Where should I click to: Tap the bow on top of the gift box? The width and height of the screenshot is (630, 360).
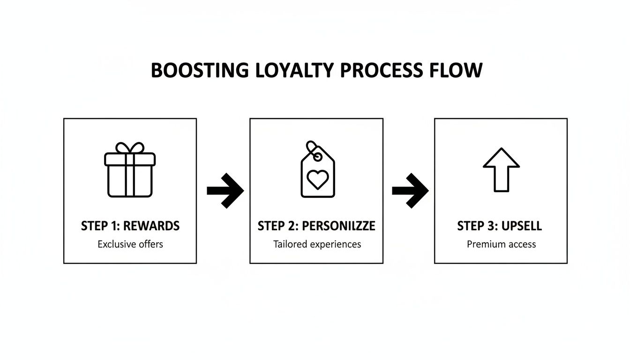(x=130, y=147)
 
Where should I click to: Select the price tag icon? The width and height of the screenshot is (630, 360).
(x=317, y=171)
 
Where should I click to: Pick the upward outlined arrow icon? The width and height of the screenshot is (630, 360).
(x=501, y=169)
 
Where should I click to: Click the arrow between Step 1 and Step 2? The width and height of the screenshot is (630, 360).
(x=225, y=190)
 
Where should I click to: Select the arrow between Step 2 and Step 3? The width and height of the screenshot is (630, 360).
(x=410, y=190)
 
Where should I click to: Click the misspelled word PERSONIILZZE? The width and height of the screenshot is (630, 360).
(x=338, y=226)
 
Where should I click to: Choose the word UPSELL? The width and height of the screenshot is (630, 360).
(x=521, y=226)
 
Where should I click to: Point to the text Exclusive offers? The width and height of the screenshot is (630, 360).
(x=130, y=244)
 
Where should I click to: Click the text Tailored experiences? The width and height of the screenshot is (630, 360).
(x=317, y=244)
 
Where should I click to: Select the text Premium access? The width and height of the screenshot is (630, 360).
(x=501, y=244)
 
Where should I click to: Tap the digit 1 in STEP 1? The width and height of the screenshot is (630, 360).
(x=114, y=226)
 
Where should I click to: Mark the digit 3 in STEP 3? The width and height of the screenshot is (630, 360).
(x=490, y=226)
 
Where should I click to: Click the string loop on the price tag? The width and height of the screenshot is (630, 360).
(x=311, y=147)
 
